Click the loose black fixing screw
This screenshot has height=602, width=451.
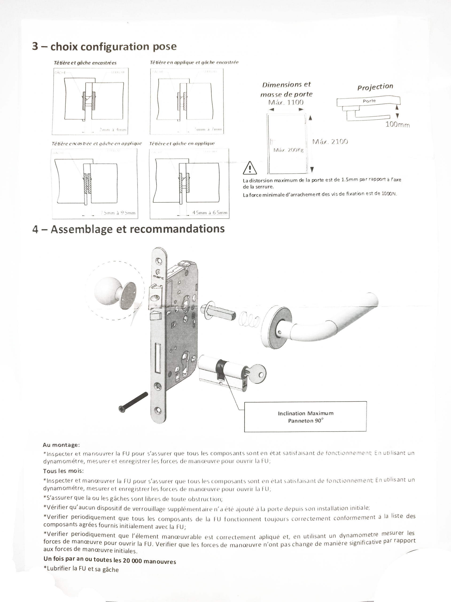[133, 402]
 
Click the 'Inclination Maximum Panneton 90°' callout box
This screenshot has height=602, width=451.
[305, 417]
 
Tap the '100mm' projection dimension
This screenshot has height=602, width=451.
[397, 125]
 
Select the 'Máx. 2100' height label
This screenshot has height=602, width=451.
[330, 142]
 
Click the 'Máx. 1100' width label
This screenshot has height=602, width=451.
[286, 102]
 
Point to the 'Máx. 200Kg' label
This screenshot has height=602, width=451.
[288, 150]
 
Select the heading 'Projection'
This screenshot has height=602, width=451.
[375, 87]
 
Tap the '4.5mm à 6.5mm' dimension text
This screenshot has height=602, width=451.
[210, 213]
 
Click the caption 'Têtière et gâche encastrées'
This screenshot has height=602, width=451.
[85, 63]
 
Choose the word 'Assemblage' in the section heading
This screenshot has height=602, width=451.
[82, 229]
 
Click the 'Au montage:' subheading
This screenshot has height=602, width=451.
[61, 445]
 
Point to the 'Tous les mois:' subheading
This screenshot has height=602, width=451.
[63, 471]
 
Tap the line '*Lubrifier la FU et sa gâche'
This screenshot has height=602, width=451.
[81, 569]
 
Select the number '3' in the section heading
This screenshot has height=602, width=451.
[35, 46]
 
